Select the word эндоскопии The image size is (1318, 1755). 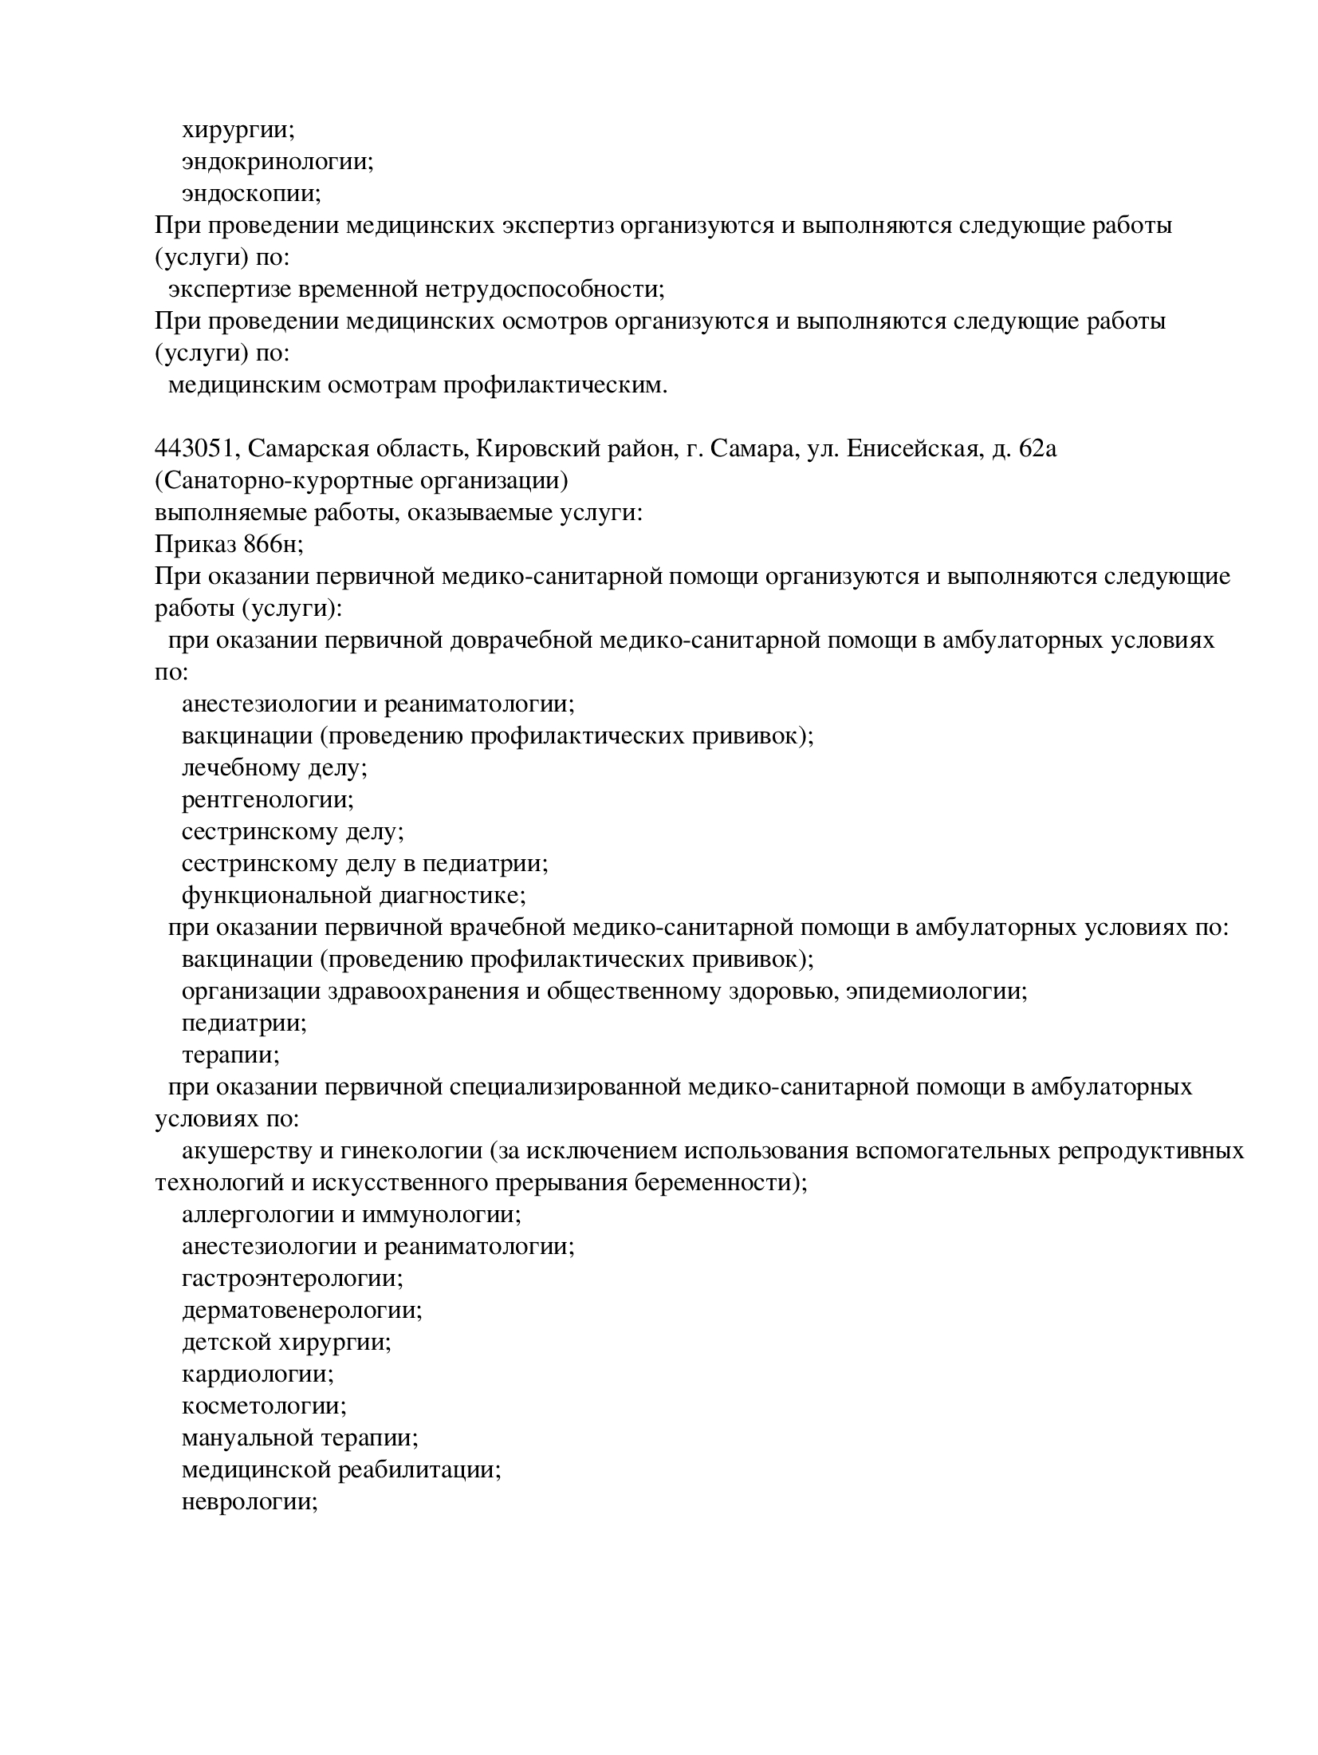[250, 194]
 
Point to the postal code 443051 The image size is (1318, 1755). [196, 449]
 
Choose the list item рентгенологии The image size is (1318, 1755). [266, 799]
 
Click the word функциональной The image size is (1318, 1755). [276, 896]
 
